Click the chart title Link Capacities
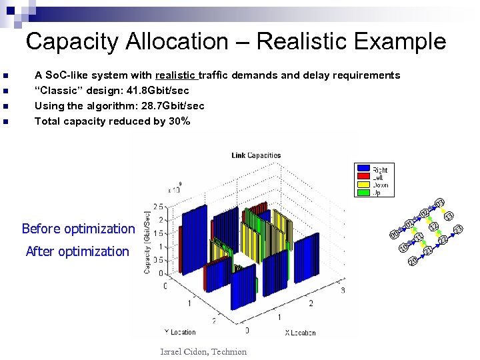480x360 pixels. pyautogui.click(x=256, y=155)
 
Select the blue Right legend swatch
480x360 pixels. pyautogui.click(x=363, y=169)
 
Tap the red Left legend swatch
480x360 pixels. pyautogui.click(x=363, y=177)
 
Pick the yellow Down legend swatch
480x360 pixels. pyautogui.click(x=363, y=185)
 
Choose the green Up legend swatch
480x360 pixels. pyautogui.click(x=363, y=193)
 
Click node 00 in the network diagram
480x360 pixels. pyautogui.click(x=394, y=234)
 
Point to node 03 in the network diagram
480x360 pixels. pyautogui.click(x=439, y=203)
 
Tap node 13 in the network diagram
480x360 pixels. pyautogui.click(x=449, y=216)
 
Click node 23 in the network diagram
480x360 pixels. pyautogui.click(x=459, y=230)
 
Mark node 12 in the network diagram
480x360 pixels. pyautogui.click(x=434, y=227)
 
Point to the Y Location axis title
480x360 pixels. pyautogui.click(x=179, y=331)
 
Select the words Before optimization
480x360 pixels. pyautogui.click(x=78, y=229)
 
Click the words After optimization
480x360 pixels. pyautogui.click(x=77, y=251)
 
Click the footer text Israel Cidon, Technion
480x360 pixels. pyautogui.click(x=203, y=351)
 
